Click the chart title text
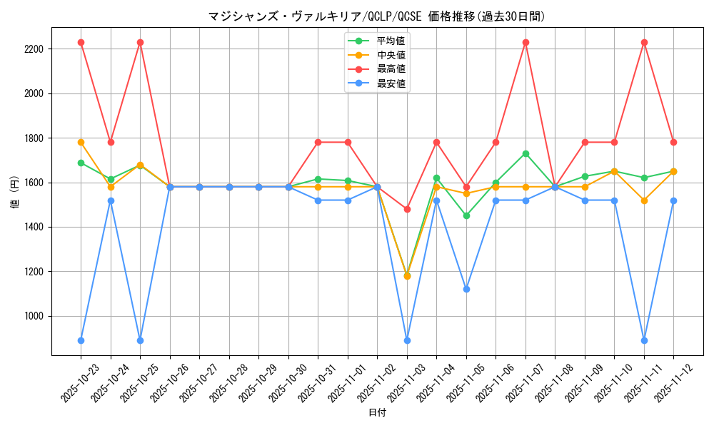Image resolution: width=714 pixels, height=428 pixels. (x=376, y=16)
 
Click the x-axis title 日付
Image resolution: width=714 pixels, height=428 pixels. (x=377, y=413)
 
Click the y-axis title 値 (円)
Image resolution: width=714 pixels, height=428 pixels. (x=15, y=192)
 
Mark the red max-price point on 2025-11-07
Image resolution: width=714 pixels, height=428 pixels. (x=526, y=42)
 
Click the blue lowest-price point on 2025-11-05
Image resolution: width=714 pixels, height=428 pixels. (x=466, y=289)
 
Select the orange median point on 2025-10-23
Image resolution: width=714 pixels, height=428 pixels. (x=81, y=142)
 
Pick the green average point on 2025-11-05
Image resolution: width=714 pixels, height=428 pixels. (x=466, y=215)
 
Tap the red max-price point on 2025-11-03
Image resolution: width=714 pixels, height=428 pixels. (x=407, y=209)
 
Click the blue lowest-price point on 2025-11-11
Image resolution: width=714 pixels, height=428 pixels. (x=644, y=340)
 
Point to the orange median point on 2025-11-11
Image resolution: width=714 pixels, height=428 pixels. (x=644, y=200)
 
